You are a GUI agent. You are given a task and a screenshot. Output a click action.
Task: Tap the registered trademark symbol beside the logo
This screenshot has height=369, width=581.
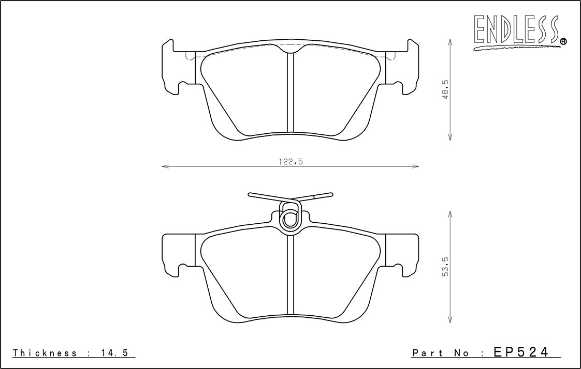coord(563,41)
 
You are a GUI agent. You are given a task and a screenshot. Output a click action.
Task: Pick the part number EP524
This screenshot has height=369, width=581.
coord(520,351)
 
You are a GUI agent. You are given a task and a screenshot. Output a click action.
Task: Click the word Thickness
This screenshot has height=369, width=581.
coord(45,353)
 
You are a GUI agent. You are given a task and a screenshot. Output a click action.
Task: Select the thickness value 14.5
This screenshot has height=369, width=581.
coord(114,353)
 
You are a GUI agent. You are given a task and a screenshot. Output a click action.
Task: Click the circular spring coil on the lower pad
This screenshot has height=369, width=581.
coord(290,220)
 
